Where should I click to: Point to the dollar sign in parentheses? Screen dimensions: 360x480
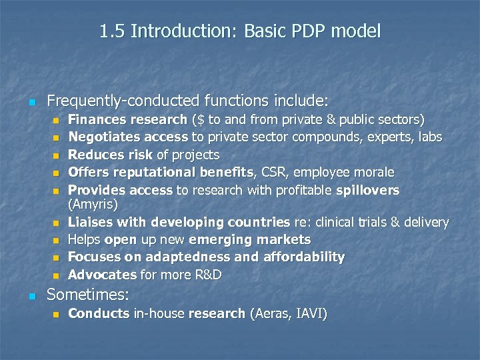[x=199, y=120]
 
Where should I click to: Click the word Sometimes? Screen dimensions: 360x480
[x=87, y=294]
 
